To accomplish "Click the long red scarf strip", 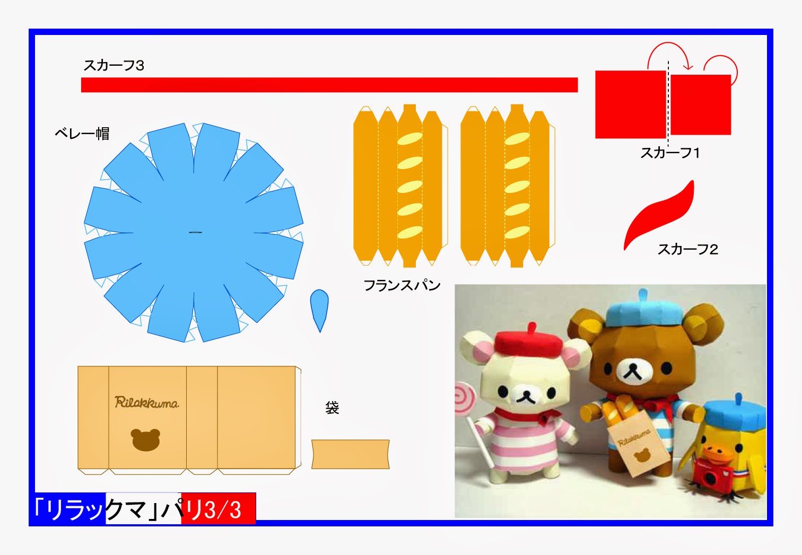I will click(x=329, y=85).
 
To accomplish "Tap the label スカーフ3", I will click(x=114, y=65).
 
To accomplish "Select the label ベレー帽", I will click(x=82, y=133).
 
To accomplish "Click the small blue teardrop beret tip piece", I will click(x=319, y=308).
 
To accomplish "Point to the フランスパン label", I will click(x=402, y=285).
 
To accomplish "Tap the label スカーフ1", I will click(x=670, y=153).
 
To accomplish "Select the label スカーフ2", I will click(x=687, y=249).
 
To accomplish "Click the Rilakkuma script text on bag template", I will click(x=146, y=402).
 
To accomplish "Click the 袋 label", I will click(x=332, y=408).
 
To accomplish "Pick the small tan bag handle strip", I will click(x=350, y=454).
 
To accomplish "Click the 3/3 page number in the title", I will click(x=223, y=510).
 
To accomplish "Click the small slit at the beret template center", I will click(x=195, y=232).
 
